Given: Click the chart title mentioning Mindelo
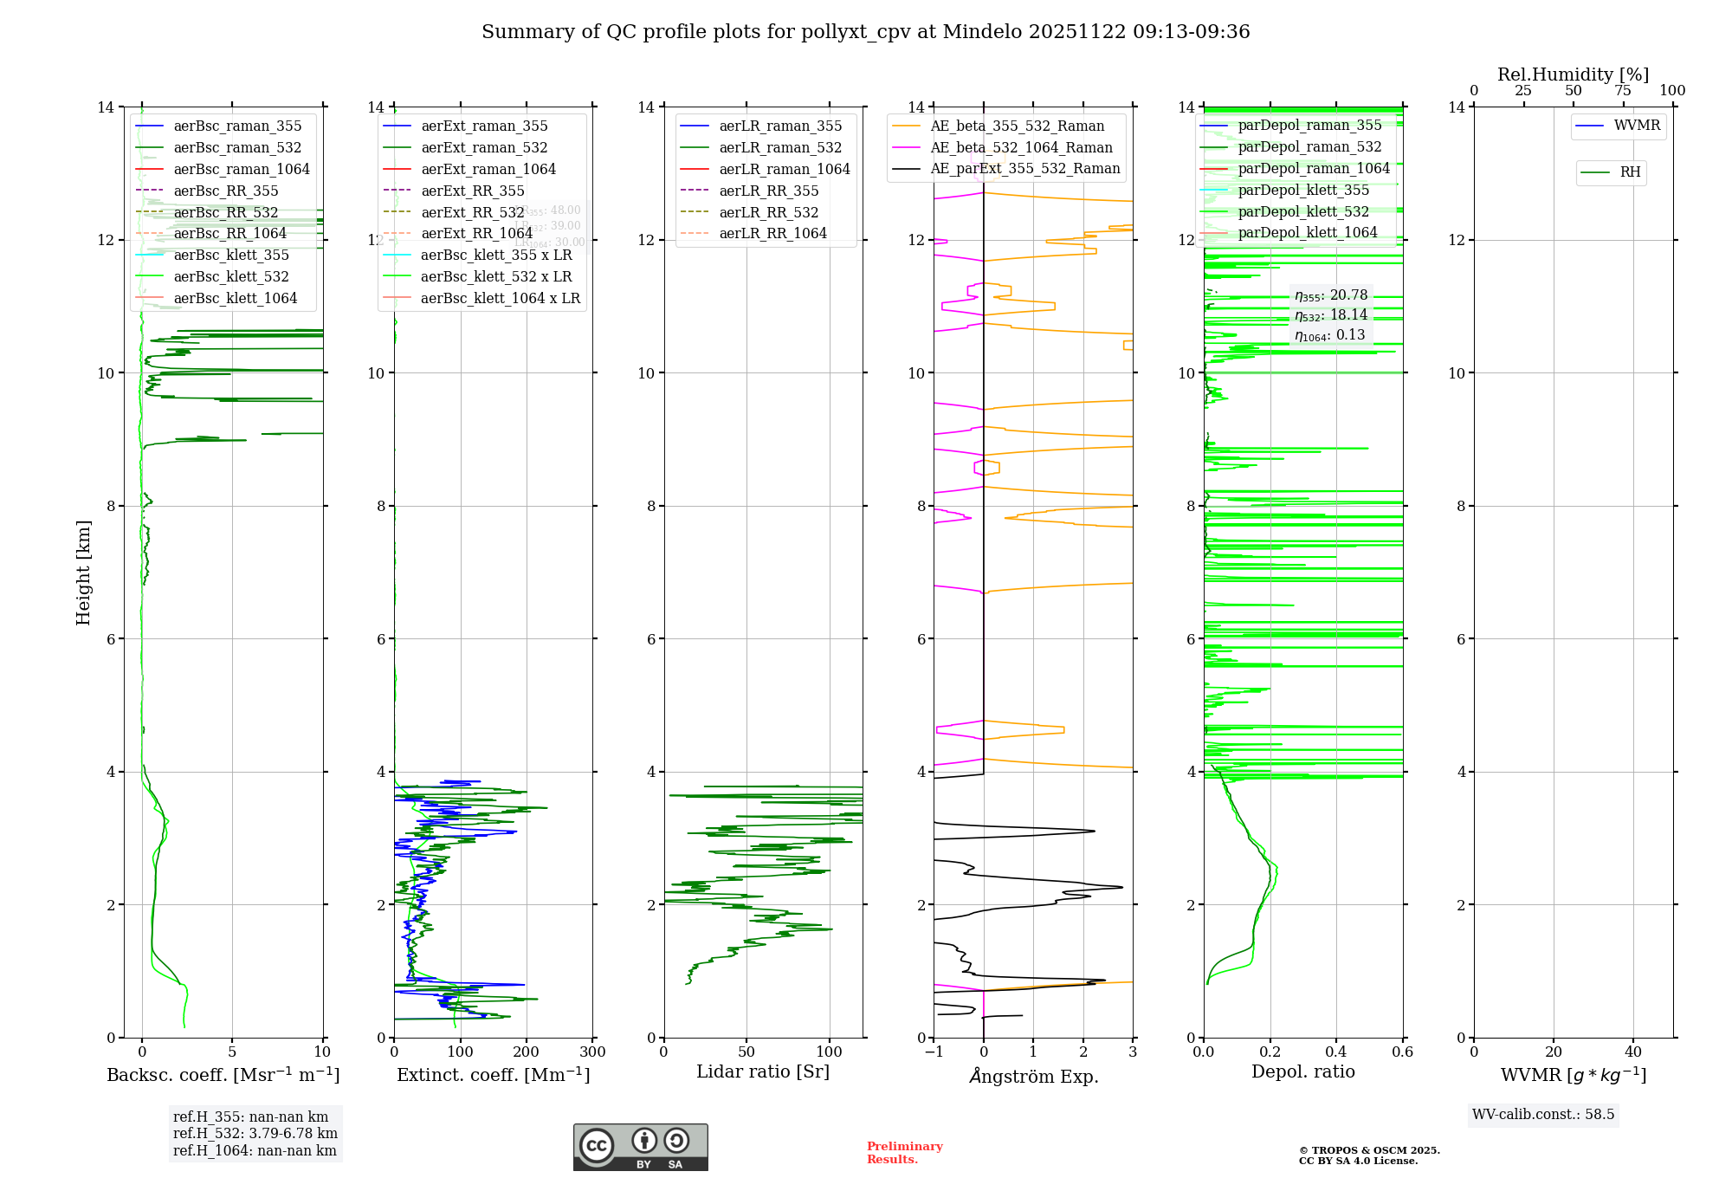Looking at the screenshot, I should point(865,32).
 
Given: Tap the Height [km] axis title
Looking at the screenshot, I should point(83,573).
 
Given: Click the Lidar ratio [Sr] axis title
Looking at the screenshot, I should point(763,1072).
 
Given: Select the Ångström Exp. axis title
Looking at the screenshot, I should point(1033,1077).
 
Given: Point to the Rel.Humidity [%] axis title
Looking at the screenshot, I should point(1573,74).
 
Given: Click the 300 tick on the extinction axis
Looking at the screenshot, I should point(592,1052).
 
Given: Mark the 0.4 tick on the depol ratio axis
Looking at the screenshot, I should point(1336,1052).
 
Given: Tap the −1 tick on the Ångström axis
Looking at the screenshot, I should point(933,1052).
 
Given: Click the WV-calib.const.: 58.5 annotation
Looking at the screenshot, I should point(1543,1115).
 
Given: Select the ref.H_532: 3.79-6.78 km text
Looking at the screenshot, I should point(255,1134).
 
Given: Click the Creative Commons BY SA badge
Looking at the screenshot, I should point(640,1148).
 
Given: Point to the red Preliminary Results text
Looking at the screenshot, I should point(904,1153).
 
